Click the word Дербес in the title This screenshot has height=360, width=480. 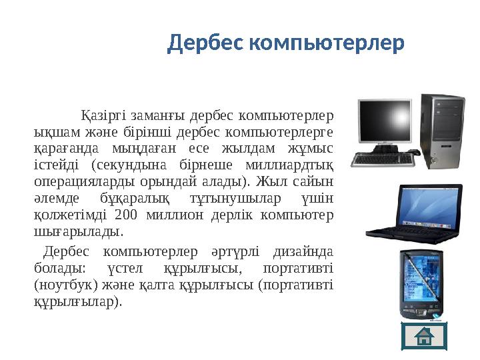(x=205, y=44)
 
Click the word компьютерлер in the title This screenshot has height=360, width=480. (x=326, y=44)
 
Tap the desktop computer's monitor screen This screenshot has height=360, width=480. (x=385, y=123)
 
